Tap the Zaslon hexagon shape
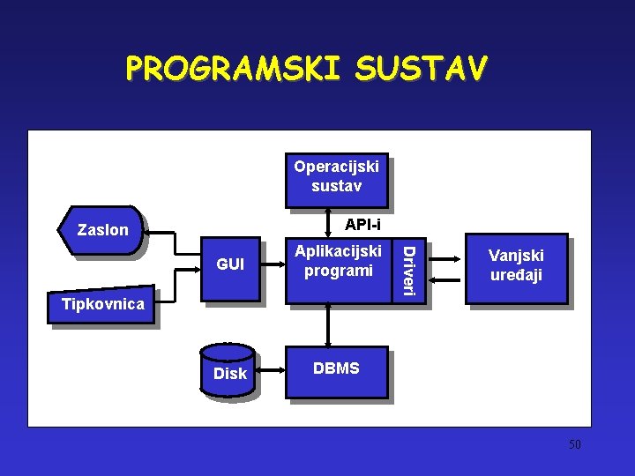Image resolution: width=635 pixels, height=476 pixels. pyautogui.click(x=102, y=231)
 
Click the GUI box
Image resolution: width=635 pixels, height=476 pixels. pyautogui.click(x=230, y=264)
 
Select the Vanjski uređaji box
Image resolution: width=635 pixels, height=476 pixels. pyautogui.click(x=516, y=265)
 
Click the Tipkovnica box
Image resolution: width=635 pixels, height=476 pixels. pyautogui.click(x=103, y=305)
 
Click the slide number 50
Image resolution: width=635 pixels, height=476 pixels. pyautogui.click(x=574, y=444)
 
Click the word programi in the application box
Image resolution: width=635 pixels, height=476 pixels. pyautogui.click(x=338, y=271)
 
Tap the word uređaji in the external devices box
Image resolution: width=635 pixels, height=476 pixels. pyautogui.click(x=516, y=275)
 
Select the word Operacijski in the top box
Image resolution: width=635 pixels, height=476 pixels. pyautogui.click(x=336, y=167)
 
